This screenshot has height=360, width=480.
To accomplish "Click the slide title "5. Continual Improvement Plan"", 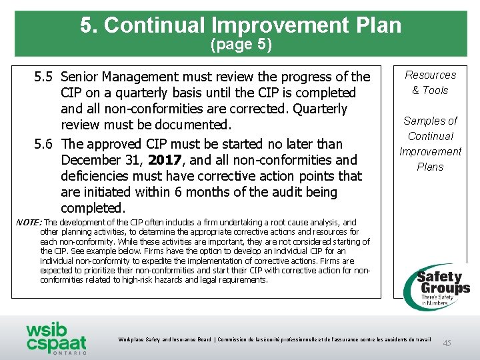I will point(241,25).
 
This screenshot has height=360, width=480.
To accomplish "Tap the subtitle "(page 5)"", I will point(241,45).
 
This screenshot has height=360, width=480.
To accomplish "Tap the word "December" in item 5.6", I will point(89,160).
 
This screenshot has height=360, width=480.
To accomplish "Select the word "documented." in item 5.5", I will point(196,125).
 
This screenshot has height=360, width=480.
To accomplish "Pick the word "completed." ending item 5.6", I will point(93,208).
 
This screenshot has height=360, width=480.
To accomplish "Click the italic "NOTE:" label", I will point(29,223).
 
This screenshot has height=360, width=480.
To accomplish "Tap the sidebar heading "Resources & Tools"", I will point(430,83).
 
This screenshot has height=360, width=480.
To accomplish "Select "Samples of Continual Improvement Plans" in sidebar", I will point(430,143).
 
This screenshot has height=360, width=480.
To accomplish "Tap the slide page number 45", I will point(447,343).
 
